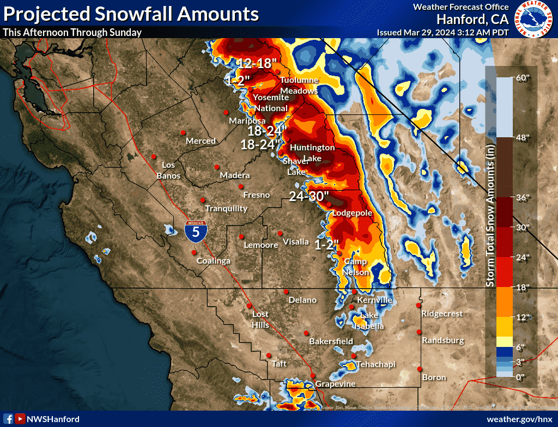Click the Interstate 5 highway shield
click(x=195, y=231)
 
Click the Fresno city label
click(x=256, y=194)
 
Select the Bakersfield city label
click(x=331, y=341)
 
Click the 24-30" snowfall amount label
click(x=309, y=196)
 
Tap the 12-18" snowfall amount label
click(x=254, y=63)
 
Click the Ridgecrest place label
click(x=442, y=314)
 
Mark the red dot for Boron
click(x=420, y=369)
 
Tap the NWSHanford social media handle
click(x=53, y=419)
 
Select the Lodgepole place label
click(x=351, y=212)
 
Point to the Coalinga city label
click(x=213, y=261)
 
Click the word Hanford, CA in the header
click(x=472, y=19)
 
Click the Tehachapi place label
click(x=375, y=364)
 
